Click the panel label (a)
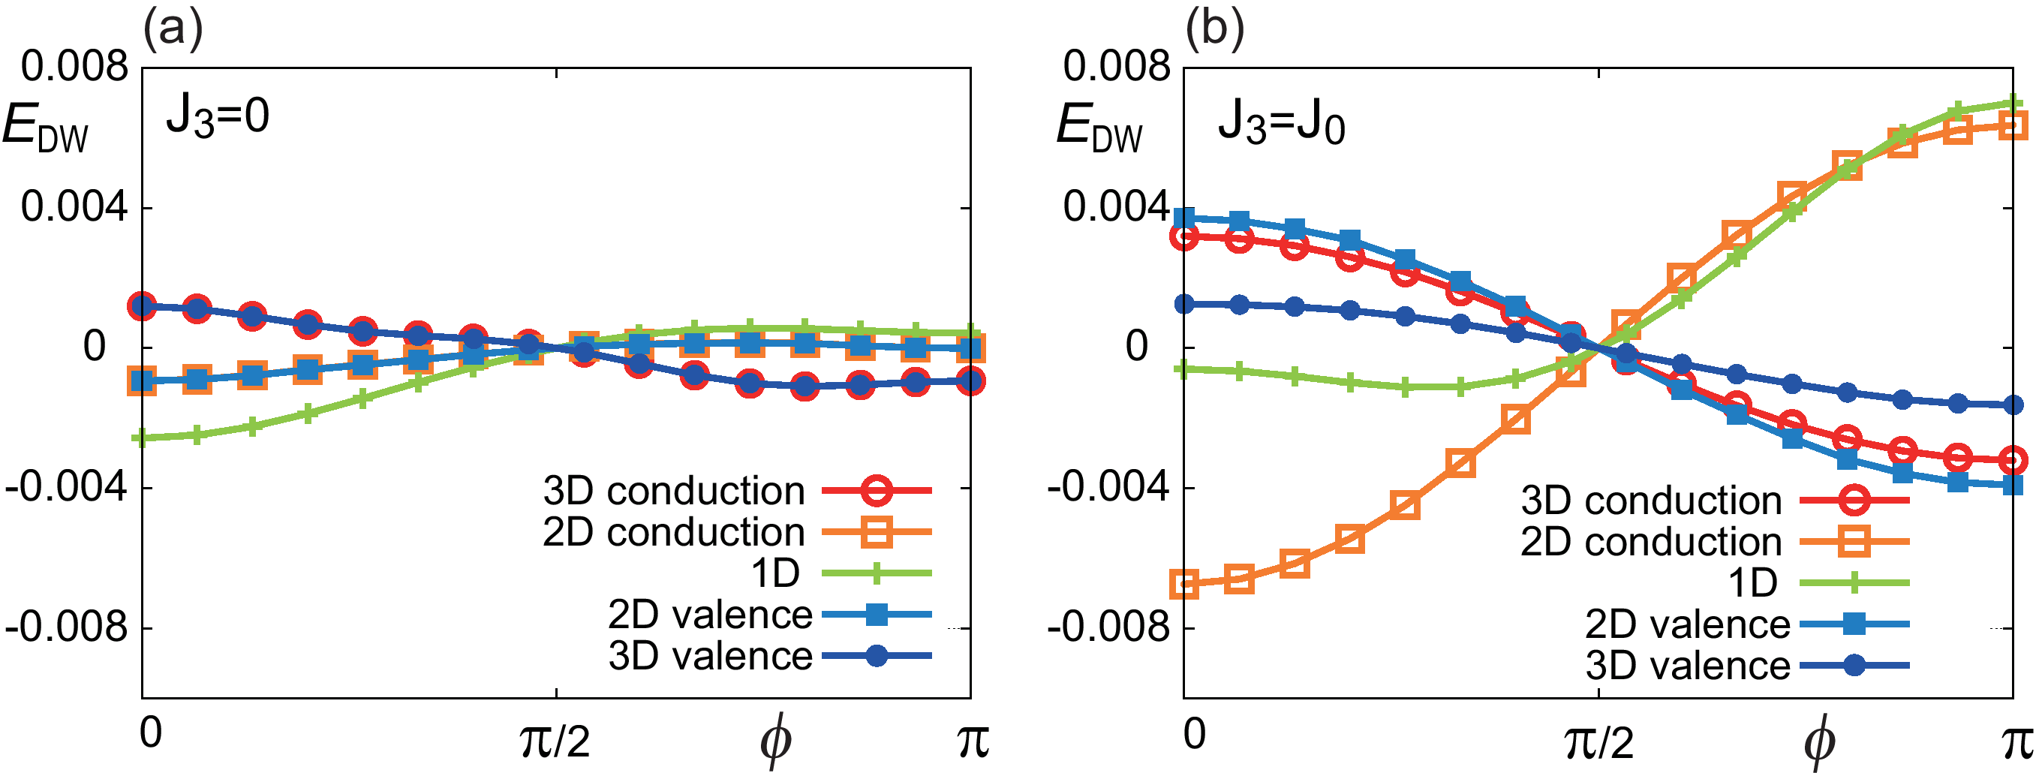(x=173, y=29)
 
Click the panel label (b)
(x=1215, y=29)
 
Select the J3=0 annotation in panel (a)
(x=218, y=117)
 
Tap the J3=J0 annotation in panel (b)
(x=1280, y=122)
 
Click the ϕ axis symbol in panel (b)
(x=1818, y=741)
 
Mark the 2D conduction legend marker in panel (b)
(x=1854, y=542)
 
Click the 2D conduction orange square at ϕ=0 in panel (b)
(x=1184, y=585)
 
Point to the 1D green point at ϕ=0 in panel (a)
(x=143, y=438)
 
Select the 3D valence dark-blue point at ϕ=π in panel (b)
(x=2012, y=405)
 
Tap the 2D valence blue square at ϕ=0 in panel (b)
(x=1184, y=218)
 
